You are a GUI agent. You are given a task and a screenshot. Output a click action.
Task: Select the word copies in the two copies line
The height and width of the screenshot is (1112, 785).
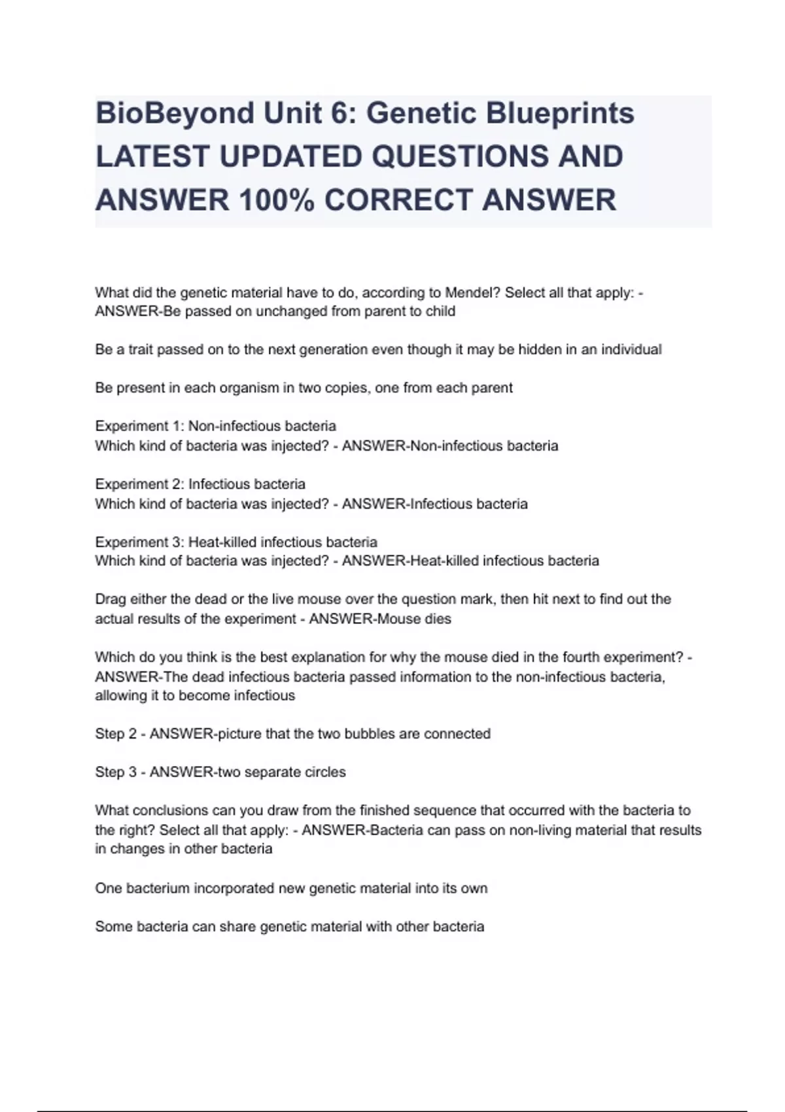(x=342, y=388)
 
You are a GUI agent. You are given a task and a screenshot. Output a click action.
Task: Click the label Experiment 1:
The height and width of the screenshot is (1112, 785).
(x=140, y=426)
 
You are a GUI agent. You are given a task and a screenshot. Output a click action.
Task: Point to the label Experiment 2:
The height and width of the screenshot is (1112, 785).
(x=140, y=485)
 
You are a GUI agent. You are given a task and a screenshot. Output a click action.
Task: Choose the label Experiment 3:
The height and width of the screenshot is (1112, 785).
(x=140, y=542)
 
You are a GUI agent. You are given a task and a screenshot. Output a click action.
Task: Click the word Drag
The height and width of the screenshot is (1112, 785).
(x=111, y=599)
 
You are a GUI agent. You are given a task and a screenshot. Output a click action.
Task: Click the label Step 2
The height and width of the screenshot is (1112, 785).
(x=116, y=734)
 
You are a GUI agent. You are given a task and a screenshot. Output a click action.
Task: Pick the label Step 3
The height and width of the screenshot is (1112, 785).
(x=116, y=773)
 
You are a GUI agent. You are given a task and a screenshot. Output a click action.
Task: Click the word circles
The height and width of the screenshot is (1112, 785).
(x=323, y=773)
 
